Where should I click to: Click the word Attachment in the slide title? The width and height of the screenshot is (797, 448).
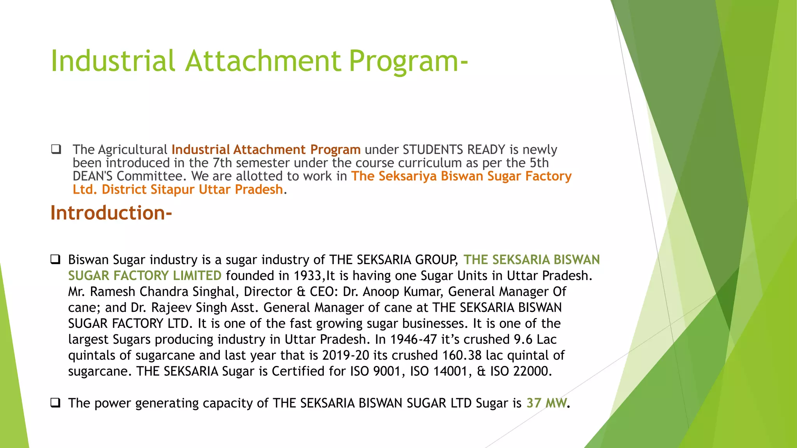point(263,61)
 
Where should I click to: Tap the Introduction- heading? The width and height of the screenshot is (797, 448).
point(111,213)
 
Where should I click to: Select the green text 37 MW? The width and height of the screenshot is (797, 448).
point(546,403)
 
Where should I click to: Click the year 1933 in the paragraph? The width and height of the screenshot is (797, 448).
point(308,276)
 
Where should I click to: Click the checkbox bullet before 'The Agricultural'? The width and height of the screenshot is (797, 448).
point(56,149)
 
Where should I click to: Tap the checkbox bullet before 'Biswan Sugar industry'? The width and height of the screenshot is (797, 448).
point(55,259)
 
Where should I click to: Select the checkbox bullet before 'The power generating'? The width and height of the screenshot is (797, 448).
point(55,402)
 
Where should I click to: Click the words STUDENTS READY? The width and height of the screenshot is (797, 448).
point(454,150)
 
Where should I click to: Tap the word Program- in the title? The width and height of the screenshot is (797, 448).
point(408,61)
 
